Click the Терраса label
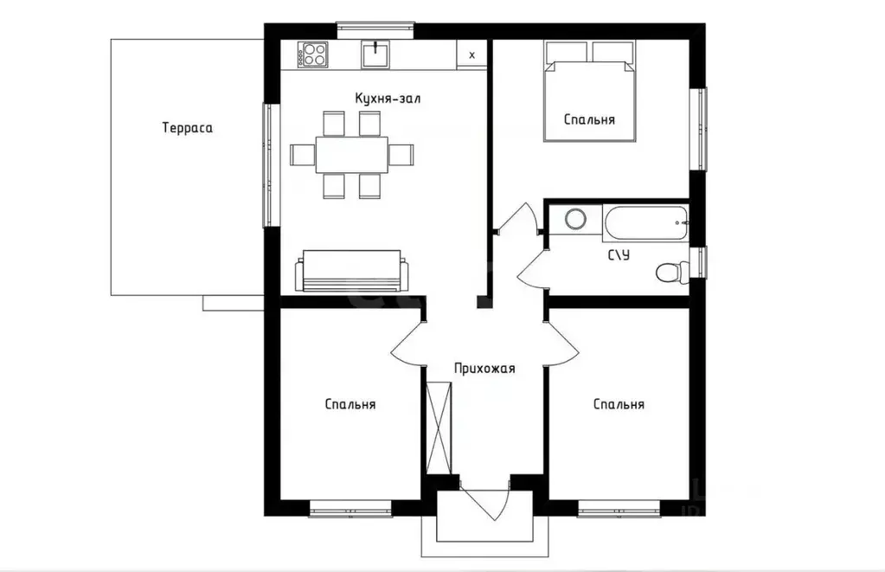[x=188, y=127]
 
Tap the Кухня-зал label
[x=388, y=99]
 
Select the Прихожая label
[x=484, y=368]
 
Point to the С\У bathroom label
[x=619, y=254]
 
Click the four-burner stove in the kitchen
[x=312, y=55]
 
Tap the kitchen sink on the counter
[x=375, y=55]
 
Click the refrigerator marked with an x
[x=471, y=55]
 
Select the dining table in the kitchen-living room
[x=351, y=155]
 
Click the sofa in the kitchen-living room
[x=351, y=271]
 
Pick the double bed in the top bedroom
[x=590, y=90]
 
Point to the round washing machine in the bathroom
[x=575, y=219]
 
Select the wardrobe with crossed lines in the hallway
[x=439, y=427]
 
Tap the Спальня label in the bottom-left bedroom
[x=350, y=404]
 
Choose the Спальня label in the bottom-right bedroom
[x=619, y=404]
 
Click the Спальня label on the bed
[x=589, y=119]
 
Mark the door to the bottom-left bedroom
[x=407, y=344]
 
